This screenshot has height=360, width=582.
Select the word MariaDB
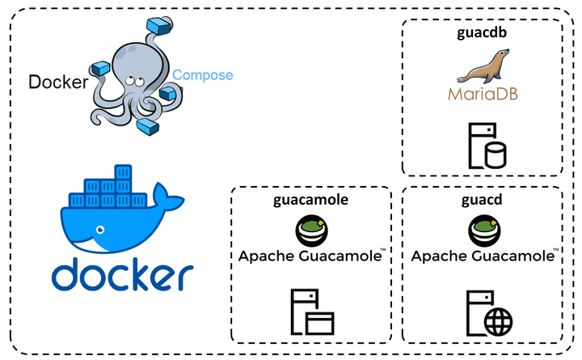[x=483, y=94]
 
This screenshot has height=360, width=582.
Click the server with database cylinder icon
[x=483, y=143]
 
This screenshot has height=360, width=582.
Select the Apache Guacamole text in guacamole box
[x=311, y=257]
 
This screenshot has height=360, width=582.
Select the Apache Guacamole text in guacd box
[x=483, y=257]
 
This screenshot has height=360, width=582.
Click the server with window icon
[x=311, y=312]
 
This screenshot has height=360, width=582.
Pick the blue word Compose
[x=202, y=75]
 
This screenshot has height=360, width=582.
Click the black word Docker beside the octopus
[x=57, y=82]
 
